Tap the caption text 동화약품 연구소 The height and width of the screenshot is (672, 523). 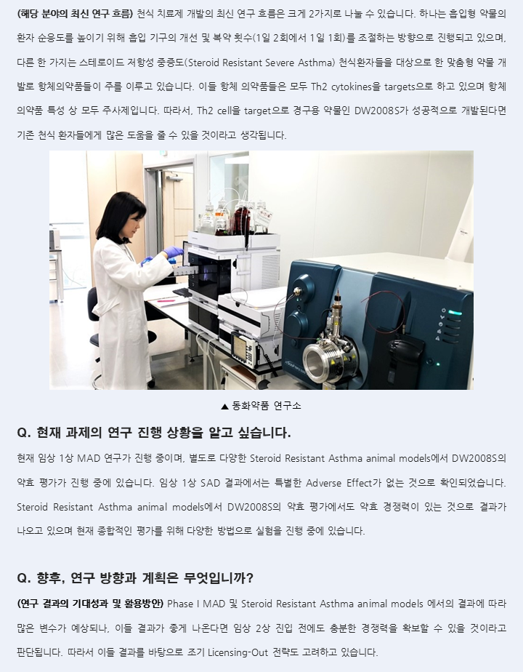[266, 406]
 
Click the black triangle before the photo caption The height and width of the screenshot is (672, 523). [224, 407]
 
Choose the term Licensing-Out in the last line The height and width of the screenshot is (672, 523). [238, 652]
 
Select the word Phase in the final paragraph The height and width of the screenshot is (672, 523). [179, 604]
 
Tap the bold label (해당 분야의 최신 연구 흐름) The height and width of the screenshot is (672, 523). [75, 14]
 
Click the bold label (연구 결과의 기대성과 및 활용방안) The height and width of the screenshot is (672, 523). [90, 604]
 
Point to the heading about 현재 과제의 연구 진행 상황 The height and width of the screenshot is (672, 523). [154, 433]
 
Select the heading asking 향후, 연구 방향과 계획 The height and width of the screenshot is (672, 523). [135, 579]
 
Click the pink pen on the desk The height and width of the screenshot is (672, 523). [166, 301]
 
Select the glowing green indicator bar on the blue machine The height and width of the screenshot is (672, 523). [455, 313]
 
